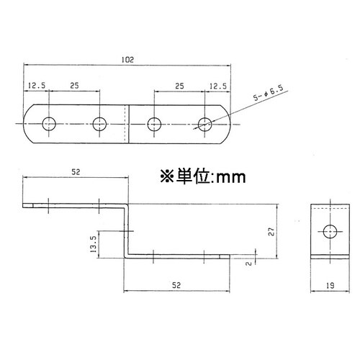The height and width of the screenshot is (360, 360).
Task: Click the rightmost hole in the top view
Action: tap(205, 123)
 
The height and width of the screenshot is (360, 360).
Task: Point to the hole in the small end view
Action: tap(329, 232)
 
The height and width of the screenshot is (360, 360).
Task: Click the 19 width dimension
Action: tap(329, 286)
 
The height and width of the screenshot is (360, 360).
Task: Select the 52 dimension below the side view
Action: tap(176, 286)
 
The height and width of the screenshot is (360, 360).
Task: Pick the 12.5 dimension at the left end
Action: tap(37, 86)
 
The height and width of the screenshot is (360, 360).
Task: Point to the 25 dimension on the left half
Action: tap(74, 86)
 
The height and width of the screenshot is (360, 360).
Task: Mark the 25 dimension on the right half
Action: tap(179, 86)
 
